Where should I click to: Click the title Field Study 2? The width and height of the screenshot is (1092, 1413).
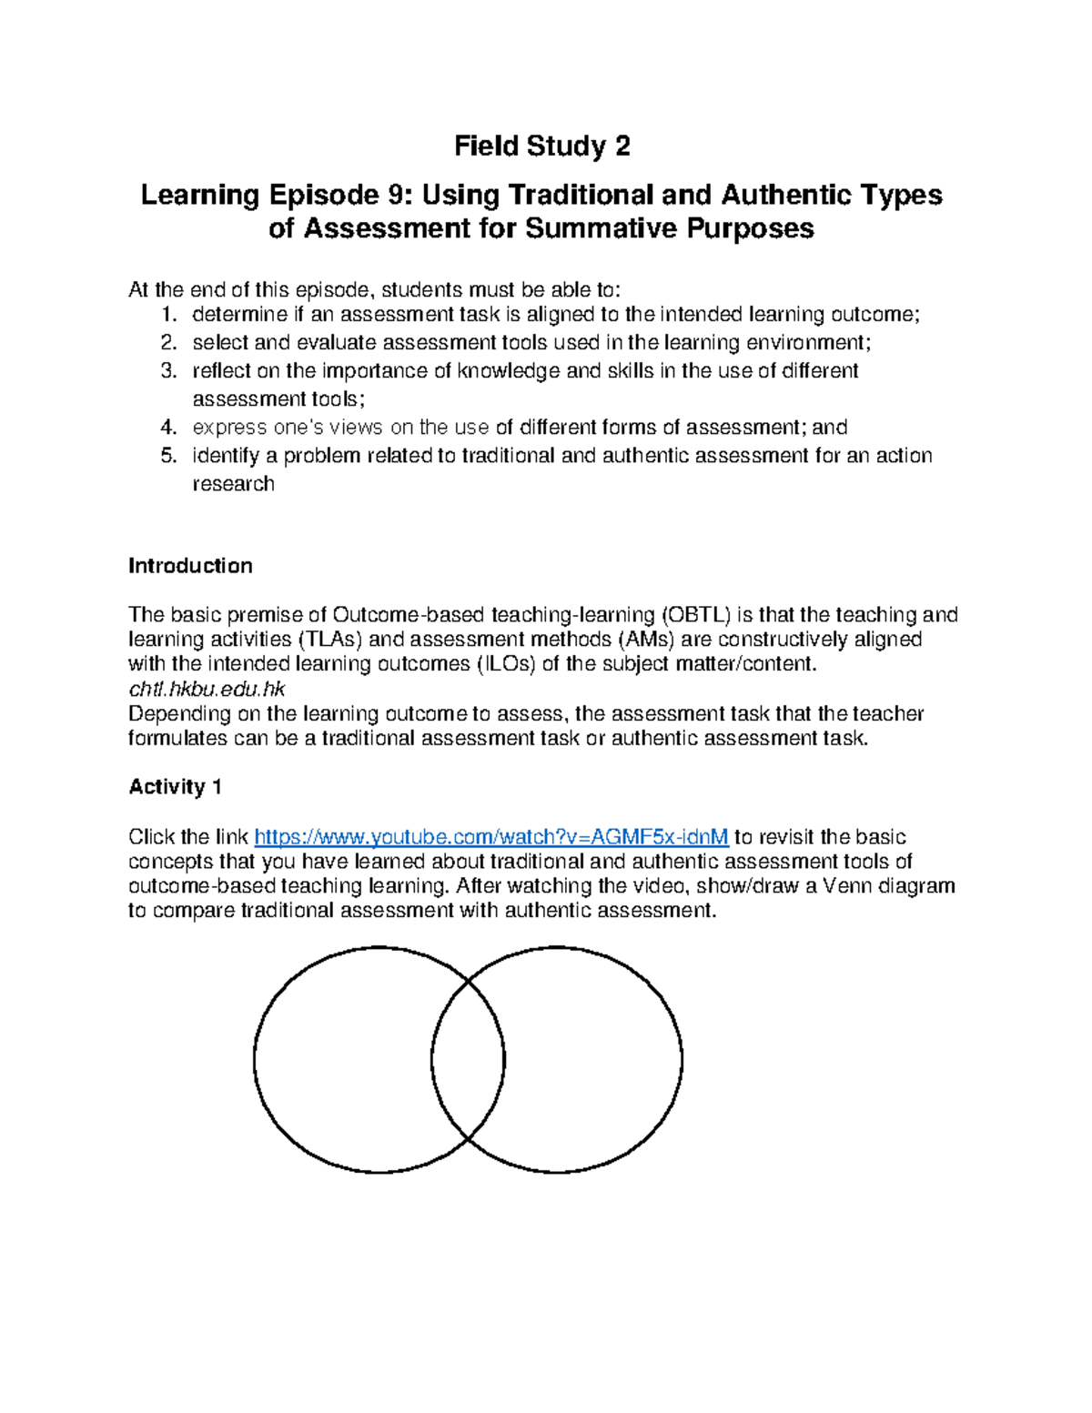pos(542,146)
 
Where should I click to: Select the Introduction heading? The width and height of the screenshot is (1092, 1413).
pos(190,566)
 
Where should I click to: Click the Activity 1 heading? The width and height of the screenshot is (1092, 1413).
pos(175,787)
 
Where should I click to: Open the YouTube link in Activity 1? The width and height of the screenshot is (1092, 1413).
pos(490,837)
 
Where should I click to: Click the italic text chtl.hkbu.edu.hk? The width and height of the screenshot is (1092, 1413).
pos(207,689)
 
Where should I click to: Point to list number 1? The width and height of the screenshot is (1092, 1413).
pos(167,315)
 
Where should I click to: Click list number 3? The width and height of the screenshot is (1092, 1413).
pos(167,371)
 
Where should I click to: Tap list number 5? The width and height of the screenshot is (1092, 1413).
pos(167,456)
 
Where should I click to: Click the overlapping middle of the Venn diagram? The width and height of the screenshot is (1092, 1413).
pos(468,1060)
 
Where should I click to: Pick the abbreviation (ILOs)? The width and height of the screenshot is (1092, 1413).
pos(506,664)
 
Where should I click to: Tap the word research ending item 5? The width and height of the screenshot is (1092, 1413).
pos(233,484)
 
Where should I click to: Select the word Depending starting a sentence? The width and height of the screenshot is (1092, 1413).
pos(179,714)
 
